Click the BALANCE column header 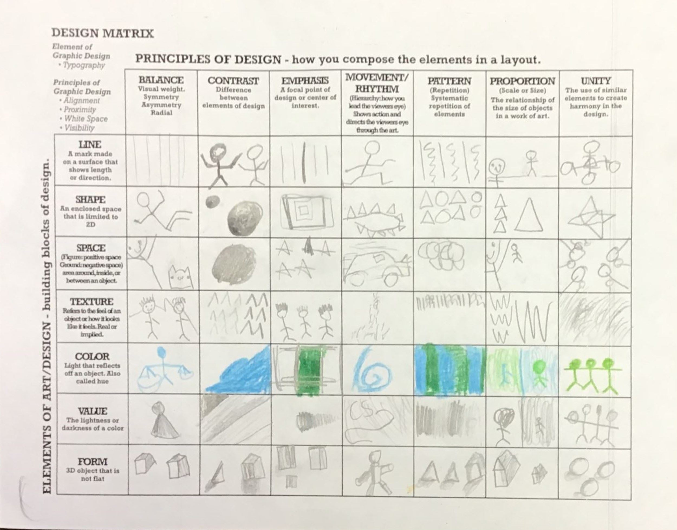point(161,80)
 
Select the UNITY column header point(596,81)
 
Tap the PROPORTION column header point(522,81)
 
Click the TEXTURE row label point(92,302)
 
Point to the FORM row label point(92,461)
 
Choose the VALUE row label point(92,411)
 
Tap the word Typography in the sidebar point(84,66)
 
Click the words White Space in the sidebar point(86,119)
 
